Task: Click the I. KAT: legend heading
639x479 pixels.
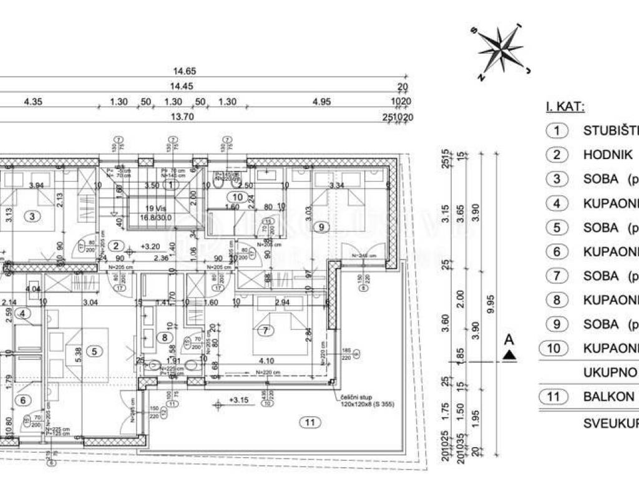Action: click(565, 107)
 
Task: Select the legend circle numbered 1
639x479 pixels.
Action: click(557, 130)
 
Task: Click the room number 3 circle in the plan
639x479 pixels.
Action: click(32, 216)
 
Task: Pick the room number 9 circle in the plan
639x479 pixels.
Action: click(321, 227)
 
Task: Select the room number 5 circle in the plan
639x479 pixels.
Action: click(94, 351)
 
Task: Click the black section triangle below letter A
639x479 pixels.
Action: click(510, 356)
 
